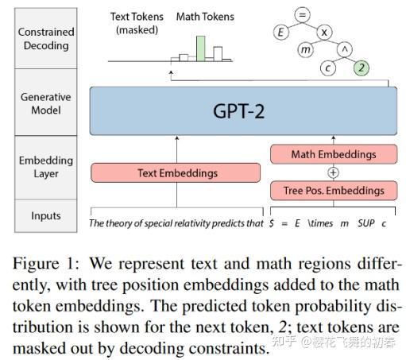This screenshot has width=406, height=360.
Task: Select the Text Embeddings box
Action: pos(176,172)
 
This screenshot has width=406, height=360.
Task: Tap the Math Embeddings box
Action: pos(334,153)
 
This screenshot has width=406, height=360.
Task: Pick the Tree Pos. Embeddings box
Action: pos(334,191)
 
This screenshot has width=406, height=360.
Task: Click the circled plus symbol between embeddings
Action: pos(334,172)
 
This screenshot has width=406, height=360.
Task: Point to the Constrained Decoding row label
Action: pos(47,39)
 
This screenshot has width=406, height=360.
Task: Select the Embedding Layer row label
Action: pos(47,167)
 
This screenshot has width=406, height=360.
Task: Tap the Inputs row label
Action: pos(47,215)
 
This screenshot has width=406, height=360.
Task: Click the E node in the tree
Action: pos(280,33)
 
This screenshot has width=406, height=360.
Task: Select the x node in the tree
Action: pos(324,33)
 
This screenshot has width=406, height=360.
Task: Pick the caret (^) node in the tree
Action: pos(345,51)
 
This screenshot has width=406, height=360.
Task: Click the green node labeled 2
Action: pos(362,69)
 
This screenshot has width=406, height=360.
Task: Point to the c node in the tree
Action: pos(327,69)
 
